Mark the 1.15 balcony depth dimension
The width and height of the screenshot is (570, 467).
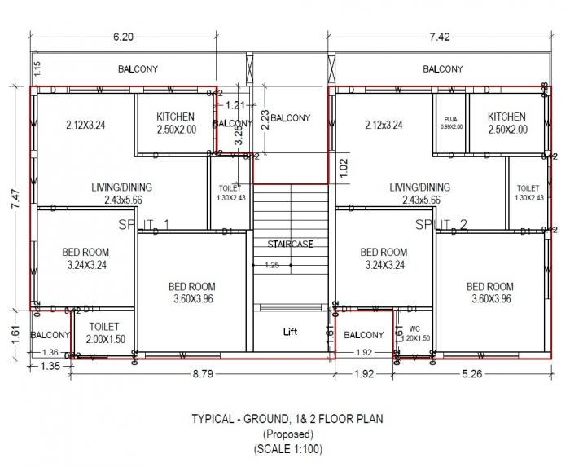(37, 68)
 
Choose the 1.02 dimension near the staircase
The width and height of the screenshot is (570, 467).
(343, 167)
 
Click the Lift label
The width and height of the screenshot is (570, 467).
(290, 333)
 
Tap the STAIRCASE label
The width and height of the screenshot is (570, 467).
(290, 244)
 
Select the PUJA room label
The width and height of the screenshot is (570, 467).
(450, 121)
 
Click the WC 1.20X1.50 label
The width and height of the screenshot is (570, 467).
(416, 334)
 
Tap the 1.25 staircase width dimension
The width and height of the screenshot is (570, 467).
(272, 265)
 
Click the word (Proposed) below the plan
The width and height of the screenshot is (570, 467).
(287, 434)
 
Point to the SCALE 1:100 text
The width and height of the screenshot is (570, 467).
(287, 449)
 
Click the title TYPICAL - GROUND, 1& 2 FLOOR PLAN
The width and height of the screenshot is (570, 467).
(287, 420)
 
